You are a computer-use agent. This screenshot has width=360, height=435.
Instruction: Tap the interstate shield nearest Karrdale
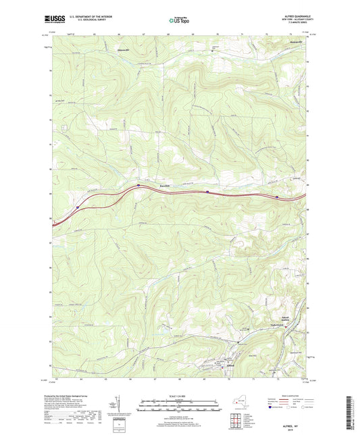coord(139,184)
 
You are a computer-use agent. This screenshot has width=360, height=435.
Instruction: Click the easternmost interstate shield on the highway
coord(278,197)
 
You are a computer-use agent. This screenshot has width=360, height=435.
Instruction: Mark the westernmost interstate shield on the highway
coord(78,207)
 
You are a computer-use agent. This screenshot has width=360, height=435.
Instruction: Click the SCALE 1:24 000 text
coord(179,396)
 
